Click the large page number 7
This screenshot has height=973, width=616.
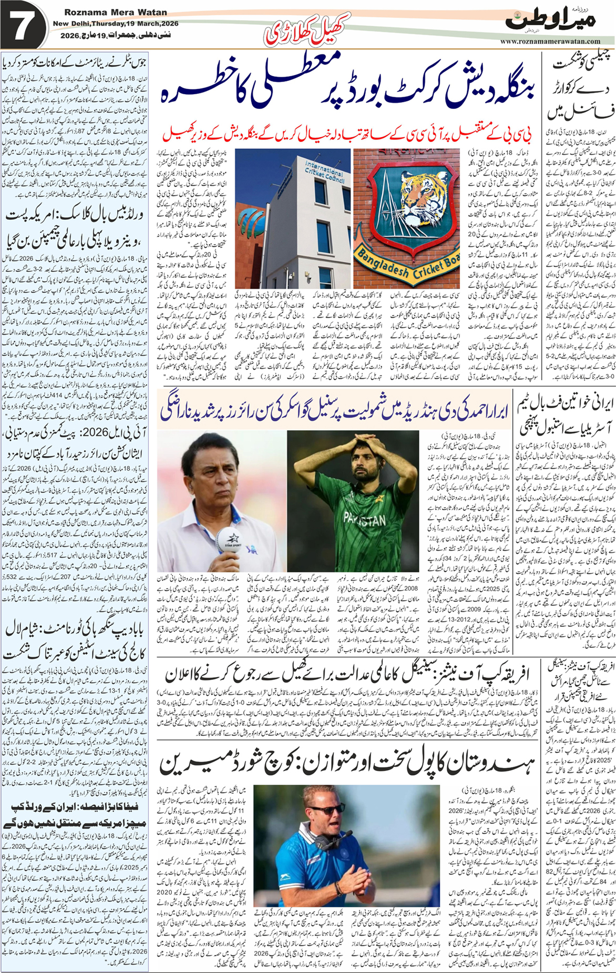(x=23, y=26)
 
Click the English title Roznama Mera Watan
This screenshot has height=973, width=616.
(x=116, y=12)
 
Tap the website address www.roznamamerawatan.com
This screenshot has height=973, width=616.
(x=550, y=41)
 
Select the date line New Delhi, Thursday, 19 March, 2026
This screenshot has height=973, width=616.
(x=116, y=24)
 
